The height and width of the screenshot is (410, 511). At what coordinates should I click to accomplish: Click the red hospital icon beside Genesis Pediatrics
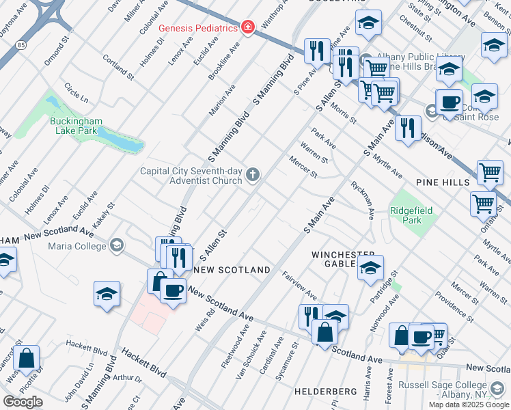point(248,27)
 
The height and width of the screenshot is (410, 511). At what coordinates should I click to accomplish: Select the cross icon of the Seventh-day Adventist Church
point(253,176)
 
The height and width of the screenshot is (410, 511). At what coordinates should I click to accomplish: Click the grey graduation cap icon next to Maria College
point(117,244)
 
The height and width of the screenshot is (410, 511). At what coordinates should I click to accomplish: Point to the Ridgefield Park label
point(411,217)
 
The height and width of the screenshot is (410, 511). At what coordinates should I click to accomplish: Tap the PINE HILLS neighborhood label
point(443,182)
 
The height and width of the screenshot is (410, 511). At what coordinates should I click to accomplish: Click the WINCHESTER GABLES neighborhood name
point(335,259)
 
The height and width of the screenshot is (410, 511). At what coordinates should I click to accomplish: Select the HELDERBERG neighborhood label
point(326,392)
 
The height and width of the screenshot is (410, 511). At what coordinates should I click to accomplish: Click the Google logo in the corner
point(23,402)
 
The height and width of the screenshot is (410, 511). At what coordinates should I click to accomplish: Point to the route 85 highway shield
point(23,45)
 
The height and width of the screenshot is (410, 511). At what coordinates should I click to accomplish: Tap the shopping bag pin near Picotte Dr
point(26,359)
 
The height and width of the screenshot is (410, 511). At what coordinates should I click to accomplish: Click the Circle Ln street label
point(76,93)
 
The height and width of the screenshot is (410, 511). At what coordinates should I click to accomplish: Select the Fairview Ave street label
point(299,285)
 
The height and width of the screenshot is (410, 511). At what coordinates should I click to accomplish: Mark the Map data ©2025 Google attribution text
point(469,404)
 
